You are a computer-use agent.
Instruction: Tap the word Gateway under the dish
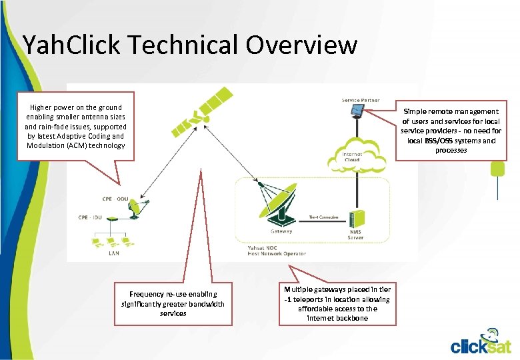281,231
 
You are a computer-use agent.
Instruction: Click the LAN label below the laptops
114,253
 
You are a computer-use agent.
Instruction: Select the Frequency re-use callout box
173,303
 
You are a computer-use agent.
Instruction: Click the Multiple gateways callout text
337,303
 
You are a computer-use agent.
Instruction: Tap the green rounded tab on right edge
497,169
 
